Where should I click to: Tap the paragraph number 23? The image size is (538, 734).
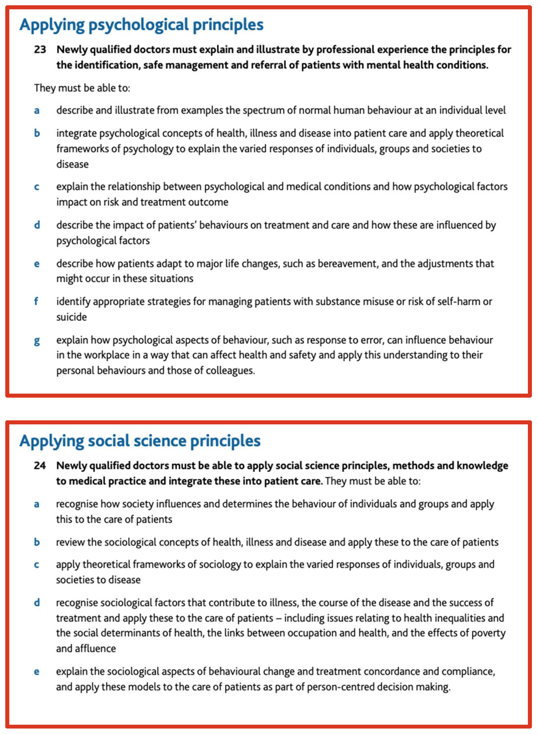point(40,49)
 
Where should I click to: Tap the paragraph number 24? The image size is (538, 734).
point(40,465)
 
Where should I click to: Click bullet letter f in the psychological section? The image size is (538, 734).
point(36,301)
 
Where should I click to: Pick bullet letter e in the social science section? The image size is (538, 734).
point(37,671)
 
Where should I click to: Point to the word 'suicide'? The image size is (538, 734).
point(71,317)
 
